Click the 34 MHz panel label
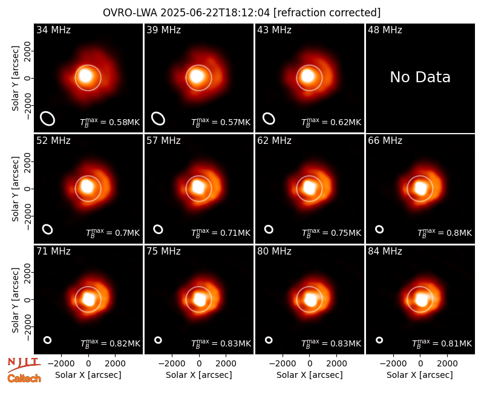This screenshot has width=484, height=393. pyautogui.click(x=53, y=30)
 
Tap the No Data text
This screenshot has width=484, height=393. pyautogui.click(x=420, y=77)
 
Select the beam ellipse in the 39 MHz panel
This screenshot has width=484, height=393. pyautogui.click(x=158, y=119)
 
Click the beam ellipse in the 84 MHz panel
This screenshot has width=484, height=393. pyautogui.click(x=379, y=340)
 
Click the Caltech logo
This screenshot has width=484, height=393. pyautogui.click(x=24, y=378)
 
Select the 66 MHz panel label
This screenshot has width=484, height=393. pyautogui.click(x=385, y=141)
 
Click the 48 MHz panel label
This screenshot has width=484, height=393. pyautogui.click(x=385, y=30)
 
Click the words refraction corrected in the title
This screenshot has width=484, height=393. pyautogui.click(x=327, y=13)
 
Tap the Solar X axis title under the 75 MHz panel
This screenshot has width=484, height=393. pyautogui.click(x=199, y=375)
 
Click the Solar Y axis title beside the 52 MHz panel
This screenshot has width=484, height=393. pyautogui.click(x=15, y=189)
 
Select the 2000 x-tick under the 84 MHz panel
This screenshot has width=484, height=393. pyautogui.click(x=447, y=364)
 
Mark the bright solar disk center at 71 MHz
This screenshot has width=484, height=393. pyautogui.click(x=88, y=299)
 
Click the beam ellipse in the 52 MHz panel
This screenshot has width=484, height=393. pyautogui.click(x=48, y=229)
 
